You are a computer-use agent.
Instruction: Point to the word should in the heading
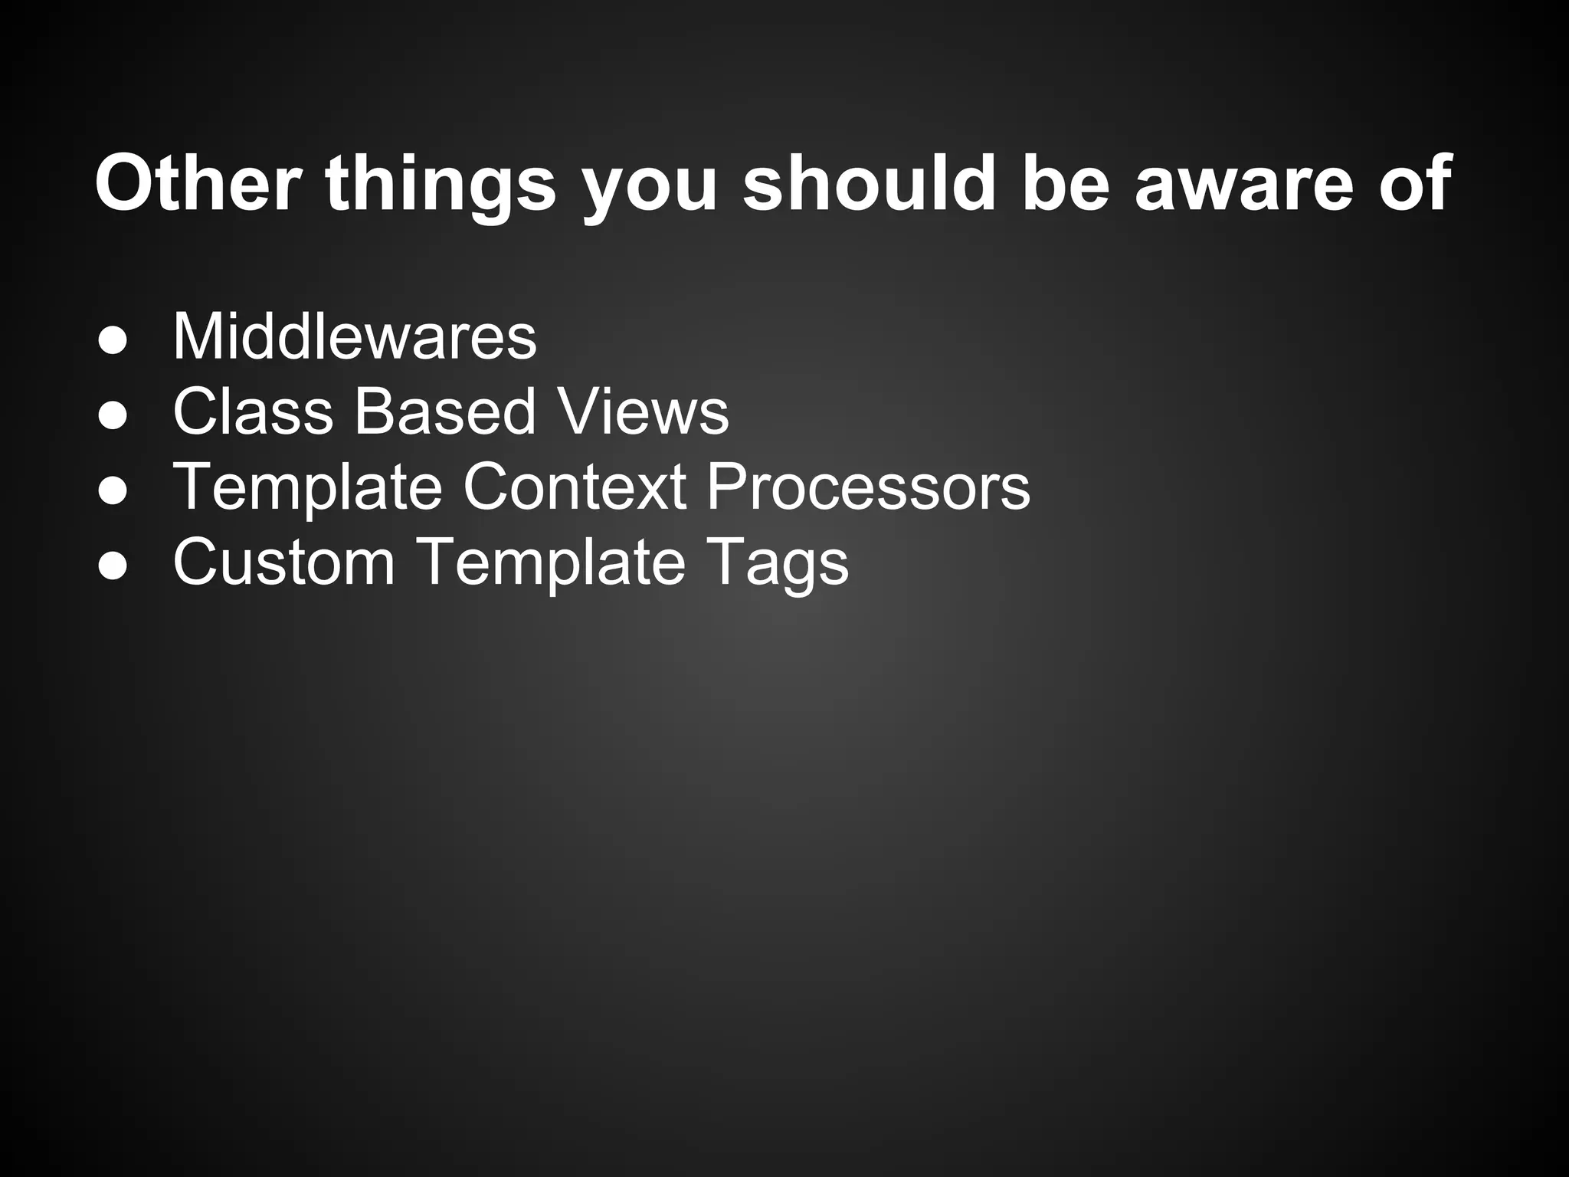click(x=869, y=184)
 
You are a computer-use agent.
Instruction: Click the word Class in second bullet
click(x=253, y=411)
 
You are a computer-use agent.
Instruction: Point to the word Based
click(x=444, y=411)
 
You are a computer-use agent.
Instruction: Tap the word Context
click(x=575, y=487)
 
